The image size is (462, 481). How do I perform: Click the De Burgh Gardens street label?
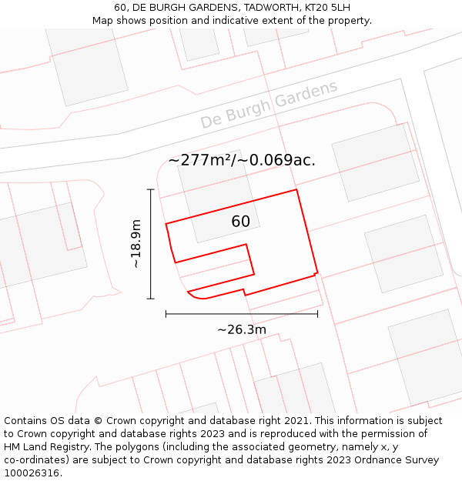(269, 105)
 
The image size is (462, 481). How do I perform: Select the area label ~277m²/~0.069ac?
(242, 160)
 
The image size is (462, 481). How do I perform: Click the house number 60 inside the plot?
(241, 222)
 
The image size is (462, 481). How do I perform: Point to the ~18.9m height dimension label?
(136, 244)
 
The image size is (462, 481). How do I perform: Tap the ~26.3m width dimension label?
(242, 329)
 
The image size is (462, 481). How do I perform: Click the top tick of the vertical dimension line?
(151, 189)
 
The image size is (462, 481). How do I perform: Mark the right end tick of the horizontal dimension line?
(317, 314)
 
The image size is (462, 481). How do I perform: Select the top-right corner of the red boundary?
(296, 189)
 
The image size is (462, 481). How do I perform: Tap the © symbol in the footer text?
(98, 420)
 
